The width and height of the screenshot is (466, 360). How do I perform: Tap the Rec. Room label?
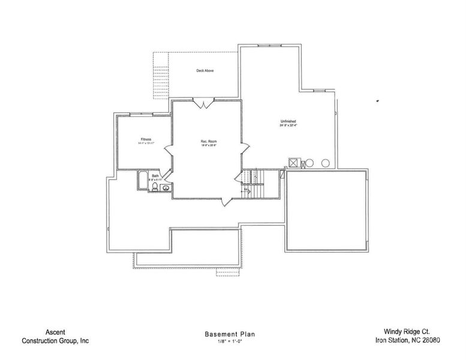(208, 141)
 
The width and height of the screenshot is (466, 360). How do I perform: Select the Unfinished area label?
(288, 122)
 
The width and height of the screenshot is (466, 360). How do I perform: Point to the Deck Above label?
(205, 71)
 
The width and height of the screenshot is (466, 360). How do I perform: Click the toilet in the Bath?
(155, 187)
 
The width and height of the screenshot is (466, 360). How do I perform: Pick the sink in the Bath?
(165, 188)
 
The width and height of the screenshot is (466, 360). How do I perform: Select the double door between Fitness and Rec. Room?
(170, 149)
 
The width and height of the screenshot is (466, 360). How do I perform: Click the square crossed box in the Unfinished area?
(294, 163)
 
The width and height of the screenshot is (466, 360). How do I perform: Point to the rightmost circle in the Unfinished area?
(325, 163)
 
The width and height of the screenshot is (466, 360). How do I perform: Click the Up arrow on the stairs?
(246, 190)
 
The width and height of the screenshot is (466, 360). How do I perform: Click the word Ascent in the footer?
(55, 331)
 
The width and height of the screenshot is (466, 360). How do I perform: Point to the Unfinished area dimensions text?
(288, 126)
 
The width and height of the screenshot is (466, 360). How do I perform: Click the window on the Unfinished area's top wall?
(264, 46)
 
